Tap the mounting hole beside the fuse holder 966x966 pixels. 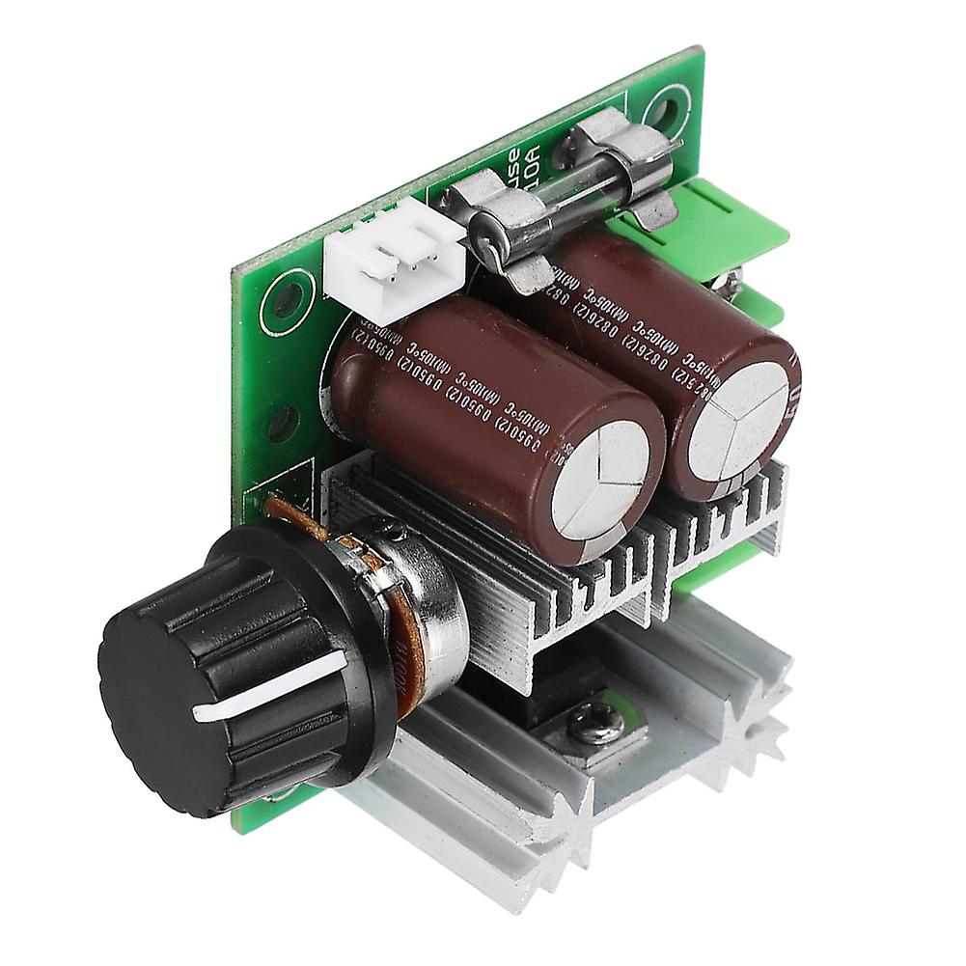[x=666, y=105]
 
